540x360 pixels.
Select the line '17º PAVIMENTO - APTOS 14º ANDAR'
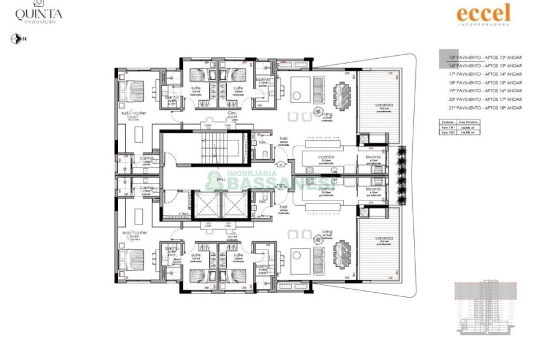click(485, 74)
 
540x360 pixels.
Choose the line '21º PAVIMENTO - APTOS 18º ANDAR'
click(485, 107)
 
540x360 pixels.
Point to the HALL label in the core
click(221, 179)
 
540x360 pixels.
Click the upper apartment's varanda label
click(386, 106)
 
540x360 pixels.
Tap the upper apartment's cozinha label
click(326, 157)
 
